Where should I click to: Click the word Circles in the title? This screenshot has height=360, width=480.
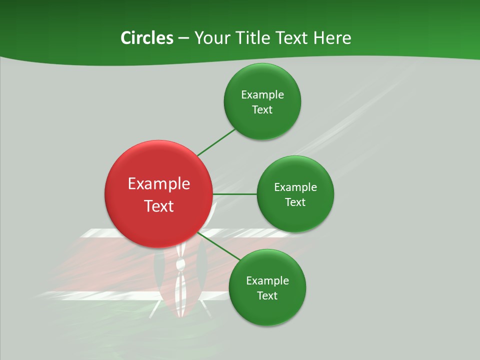click(x=146, y=38)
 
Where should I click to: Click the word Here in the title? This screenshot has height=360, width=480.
click(x=332, y=38)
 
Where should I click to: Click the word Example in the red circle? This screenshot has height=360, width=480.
click(x=159, y=184)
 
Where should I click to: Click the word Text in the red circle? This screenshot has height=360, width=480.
click(x=159, y=206)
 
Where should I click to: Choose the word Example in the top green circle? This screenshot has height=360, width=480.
click(x=262, y=95)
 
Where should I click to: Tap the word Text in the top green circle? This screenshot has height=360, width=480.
click(x=262, y=110)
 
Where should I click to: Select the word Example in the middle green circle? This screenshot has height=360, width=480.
click(x=295, y=187)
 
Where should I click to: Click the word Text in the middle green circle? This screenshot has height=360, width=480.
click(x=295, y=202)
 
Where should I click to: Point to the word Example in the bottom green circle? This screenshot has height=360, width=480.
click(x=267, y=281)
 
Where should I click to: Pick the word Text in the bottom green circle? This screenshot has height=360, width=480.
click(x=267, y=296)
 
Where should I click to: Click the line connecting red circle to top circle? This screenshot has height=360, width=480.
click(x=216, y=142)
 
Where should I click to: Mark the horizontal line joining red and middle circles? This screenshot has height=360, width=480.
click(x=235, y=194)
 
